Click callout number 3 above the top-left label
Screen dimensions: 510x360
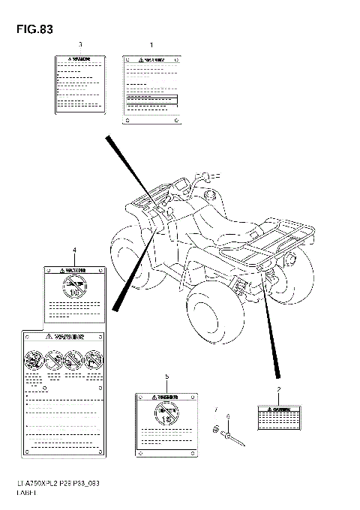80,46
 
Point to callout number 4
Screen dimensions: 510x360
74,249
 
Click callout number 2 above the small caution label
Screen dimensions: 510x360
279,389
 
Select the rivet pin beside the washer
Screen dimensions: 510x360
234,437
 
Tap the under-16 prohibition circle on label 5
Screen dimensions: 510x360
166,412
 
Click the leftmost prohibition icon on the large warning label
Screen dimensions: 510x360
34,360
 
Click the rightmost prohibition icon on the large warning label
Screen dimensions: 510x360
94,360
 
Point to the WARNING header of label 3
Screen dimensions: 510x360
79,58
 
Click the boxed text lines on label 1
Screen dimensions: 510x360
152,99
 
